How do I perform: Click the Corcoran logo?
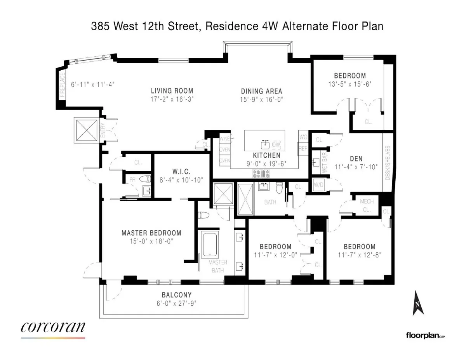pos(53,328)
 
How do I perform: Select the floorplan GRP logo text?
pos(425,335)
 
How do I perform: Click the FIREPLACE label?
pos(61,85)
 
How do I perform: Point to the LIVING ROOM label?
pos(172,91)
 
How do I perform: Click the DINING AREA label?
pos(261,91)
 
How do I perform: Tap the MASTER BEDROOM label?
pos(151,233)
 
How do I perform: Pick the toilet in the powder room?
pos(146,179)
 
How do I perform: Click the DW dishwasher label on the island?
pos(276,144)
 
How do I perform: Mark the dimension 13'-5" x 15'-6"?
pos(350,83)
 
